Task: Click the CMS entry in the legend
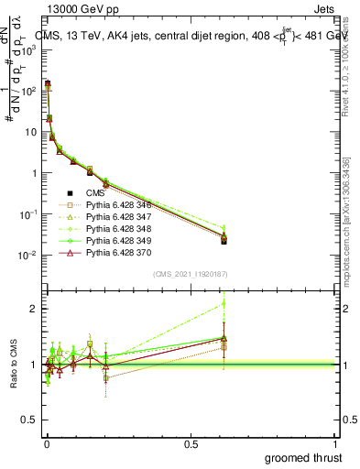pos(95,193)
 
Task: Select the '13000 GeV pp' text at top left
pos(75,9)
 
